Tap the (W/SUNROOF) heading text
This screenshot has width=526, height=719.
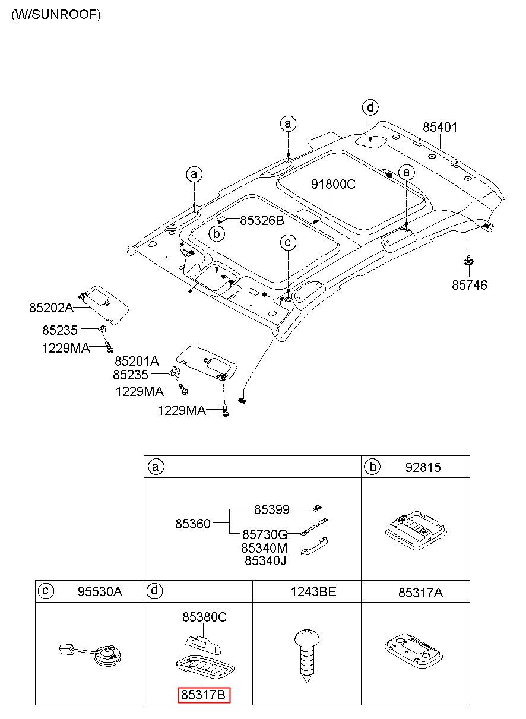(56, 15)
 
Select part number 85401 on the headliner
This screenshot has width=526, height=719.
(440, 128)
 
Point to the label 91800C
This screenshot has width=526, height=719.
(334, 184)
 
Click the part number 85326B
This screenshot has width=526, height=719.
(262, 220)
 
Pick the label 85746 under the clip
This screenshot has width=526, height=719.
(469, 285)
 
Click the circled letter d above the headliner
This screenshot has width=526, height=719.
(370, 107)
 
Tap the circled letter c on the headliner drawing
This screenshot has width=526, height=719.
(288, 243)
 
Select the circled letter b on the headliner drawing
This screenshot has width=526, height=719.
(217, 234)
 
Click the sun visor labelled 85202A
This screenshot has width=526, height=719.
(104, 305)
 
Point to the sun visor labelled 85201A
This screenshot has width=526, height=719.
(207, 363)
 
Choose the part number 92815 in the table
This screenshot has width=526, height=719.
(423, 468)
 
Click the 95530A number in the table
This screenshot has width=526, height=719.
(100, 591)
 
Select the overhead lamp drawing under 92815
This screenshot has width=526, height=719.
(415, 530)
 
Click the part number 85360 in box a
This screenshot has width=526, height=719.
(192, 524)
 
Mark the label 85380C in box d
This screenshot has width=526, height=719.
(204, 617)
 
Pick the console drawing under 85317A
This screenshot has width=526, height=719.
(413, 653)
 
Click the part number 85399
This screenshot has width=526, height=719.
(271, 509)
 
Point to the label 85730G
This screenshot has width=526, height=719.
(265, 534)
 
